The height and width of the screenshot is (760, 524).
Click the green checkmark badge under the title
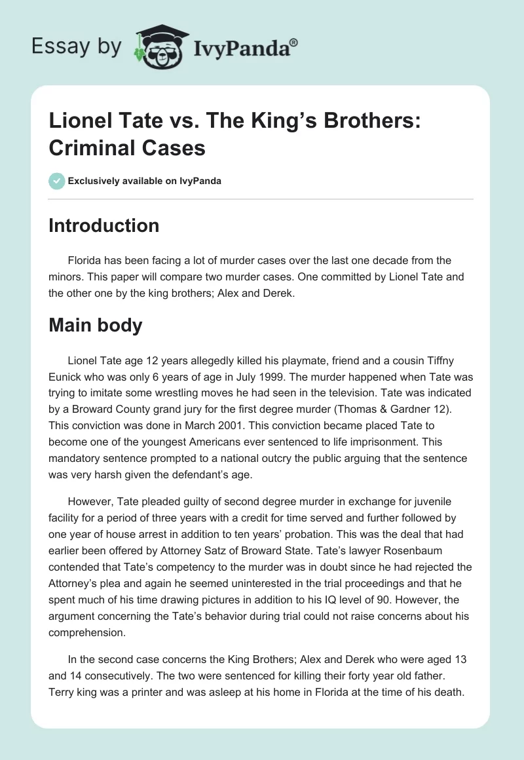(x=56, y=181)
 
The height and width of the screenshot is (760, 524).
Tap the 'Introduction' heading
(x=104, y=225)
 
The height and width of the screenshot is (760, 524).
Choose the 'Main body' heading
(x=96, y=325)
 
